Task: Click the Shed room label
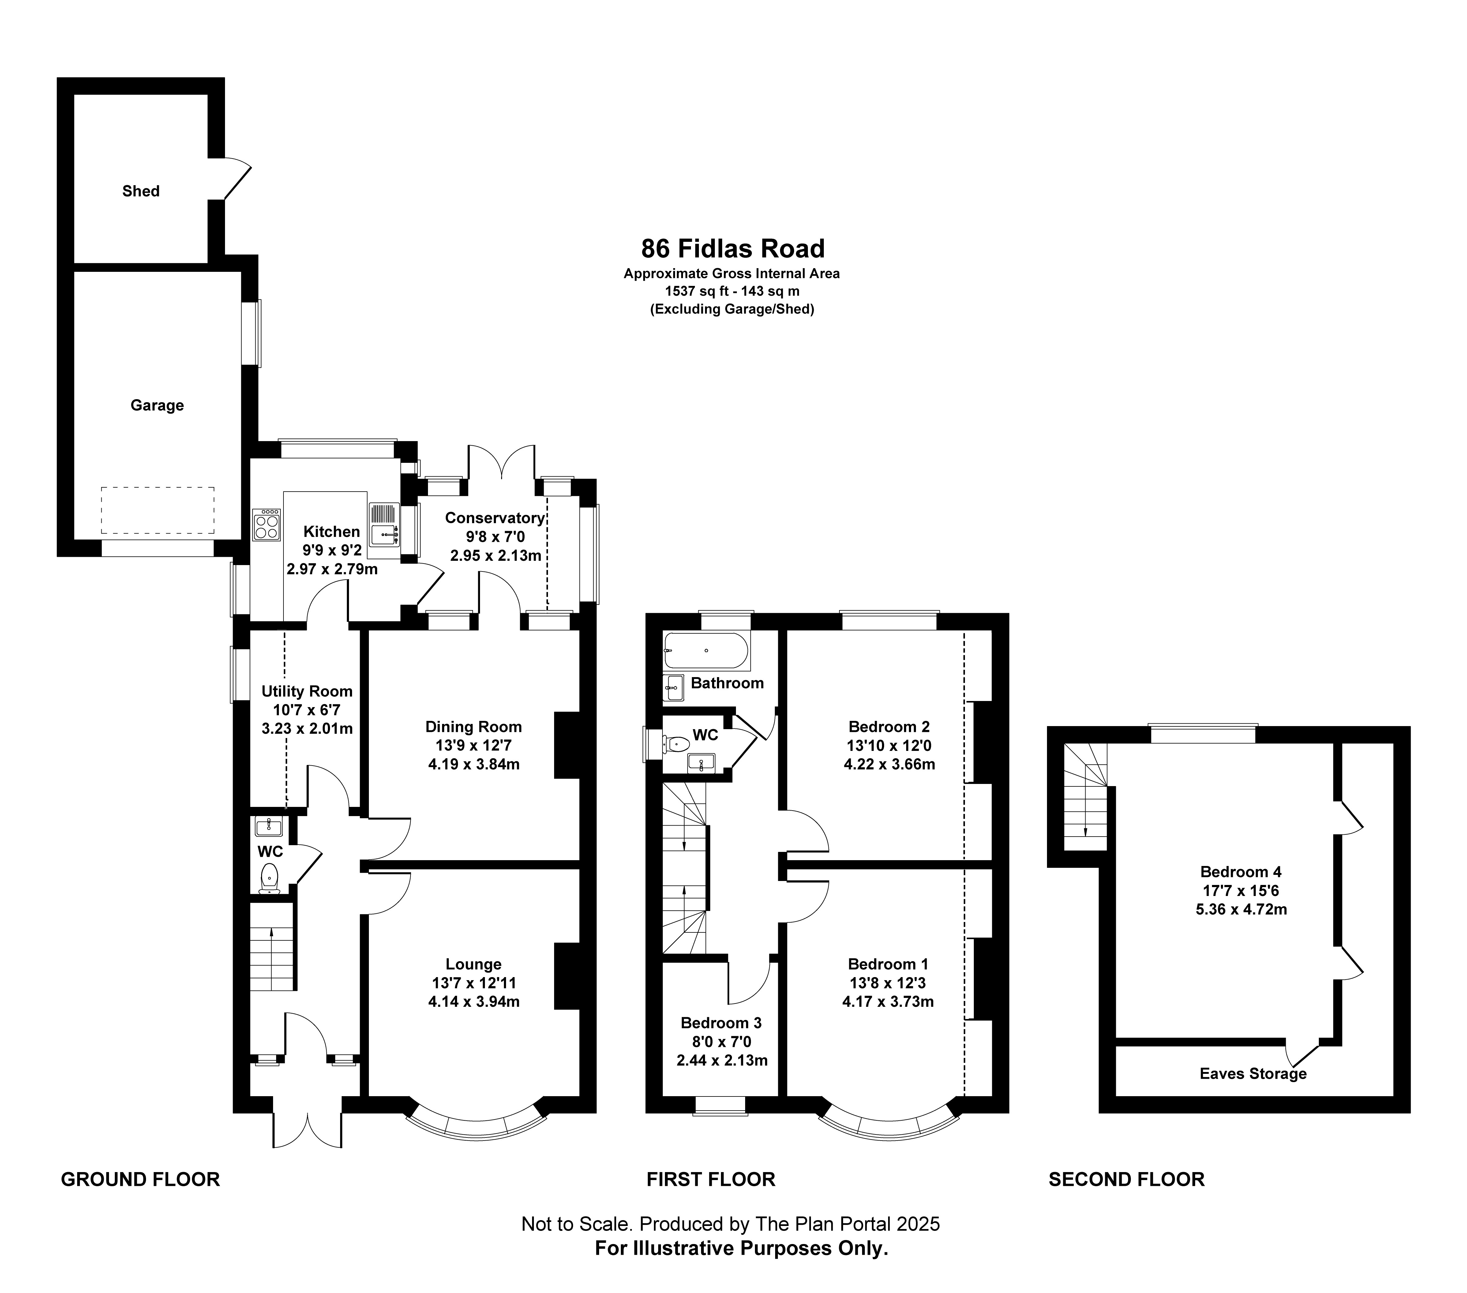[141, 191]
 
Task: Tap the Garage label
[157, 405]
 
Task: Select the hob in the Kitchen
[266, 525]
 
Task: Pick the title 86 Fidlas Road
[733, 248]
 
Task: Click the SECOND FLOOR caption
[1127, 1180]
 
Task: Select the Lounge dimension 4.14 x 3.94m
[474, 1002]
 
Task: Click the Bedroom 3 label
[721, 1022]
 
